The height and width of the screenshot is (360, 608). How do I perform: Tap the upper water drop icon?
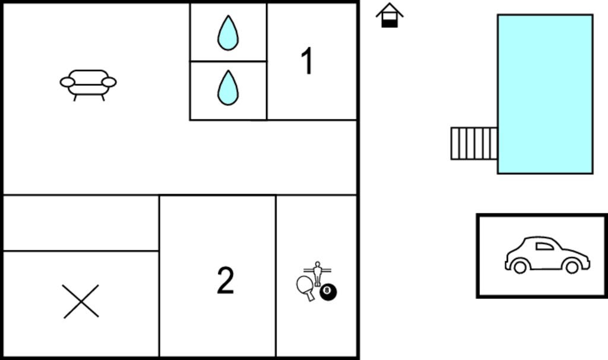tap(228, 33)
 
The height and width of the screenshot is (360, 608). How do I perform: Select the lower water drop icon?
tap(228, 88)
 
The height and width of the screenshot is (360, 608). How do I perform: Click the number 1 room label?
tap(307, 61)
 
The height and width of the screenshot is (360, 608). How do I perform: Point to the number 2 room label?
tap(225, 280)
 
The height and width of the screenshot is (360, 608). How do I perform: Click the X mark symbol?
tap(81, 301)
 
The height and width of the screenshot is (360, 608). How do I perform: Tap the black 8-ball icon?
tap(328, 292)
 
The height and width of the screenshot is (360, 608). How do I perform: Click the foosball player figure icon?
tap(318, 273)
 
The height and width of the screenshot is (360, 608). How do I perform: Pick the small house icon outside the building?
tap(389, 15)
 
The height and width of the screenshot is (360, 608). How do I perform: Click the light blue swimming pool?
tap(545, 94)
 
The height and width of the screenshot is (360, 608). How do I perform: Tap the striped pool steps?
tap(474, 144)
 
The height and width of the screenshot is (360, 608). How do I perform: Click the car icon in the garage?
tap(547, 255)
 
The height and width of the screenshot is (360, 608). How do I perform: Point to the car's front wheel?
tap(572, 267)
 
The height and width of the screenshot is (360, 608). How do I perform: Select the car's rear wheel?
tap(520, 267)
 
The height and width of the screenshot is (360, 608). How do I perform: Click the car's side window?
tap(544, 246)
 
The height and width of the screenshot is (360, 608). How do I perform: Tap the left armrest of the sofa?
tap(68, 82)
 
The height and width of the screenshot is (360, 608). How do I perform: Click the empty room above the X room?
tap(81, 223)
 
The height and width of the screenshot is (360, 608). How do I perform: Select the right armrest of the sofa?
tap(109, 82)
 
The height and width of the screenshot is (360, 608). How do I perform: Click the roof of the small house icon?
tap(389, 10)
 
